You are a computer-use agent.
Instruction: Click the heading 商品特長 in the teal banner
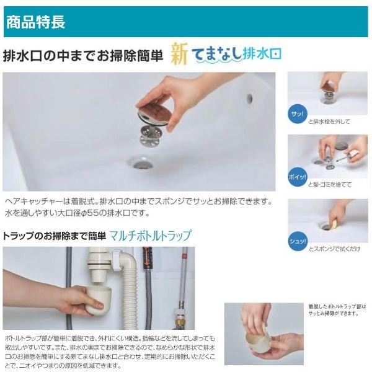point(35,23)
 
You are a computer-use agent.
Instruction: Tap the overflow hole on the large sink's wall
point(249,99)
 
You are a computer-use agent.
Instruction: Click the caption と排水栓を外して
point(329,122)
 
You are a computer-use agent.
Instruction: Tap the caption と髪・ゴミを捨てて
point(330,184)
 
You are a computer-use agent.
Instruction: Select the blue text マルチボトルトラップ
point(151,236)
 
